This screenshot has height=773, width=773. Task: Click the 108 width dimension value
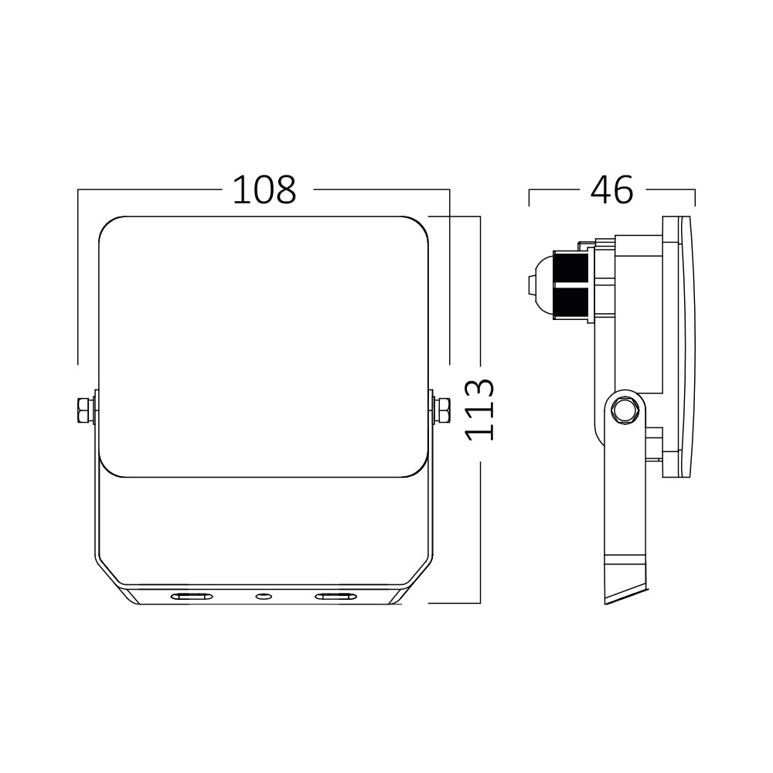coord(264,190)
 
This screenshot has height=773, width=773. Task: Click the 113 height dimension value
coord(481,410)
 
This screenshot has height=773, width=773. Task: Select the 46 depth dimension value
coord(611,190)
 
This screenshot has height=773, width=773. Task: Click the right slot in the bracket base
coord(335,596)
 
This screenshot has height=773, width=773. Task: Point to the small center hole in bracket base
coord(264,596)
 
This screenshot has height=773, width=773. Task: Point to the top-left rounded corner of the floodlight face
coord(108,225)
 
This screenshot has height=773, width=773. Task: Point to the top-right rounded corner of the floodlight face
coord(419,225)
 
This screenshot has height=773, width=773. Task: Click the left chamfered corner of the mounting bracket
coord(108,572)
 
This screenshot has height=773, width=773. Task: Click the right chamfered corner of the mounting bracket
coord(419,572)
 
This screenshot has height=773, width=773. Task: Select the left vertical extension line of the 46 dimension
coord(529,197)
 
